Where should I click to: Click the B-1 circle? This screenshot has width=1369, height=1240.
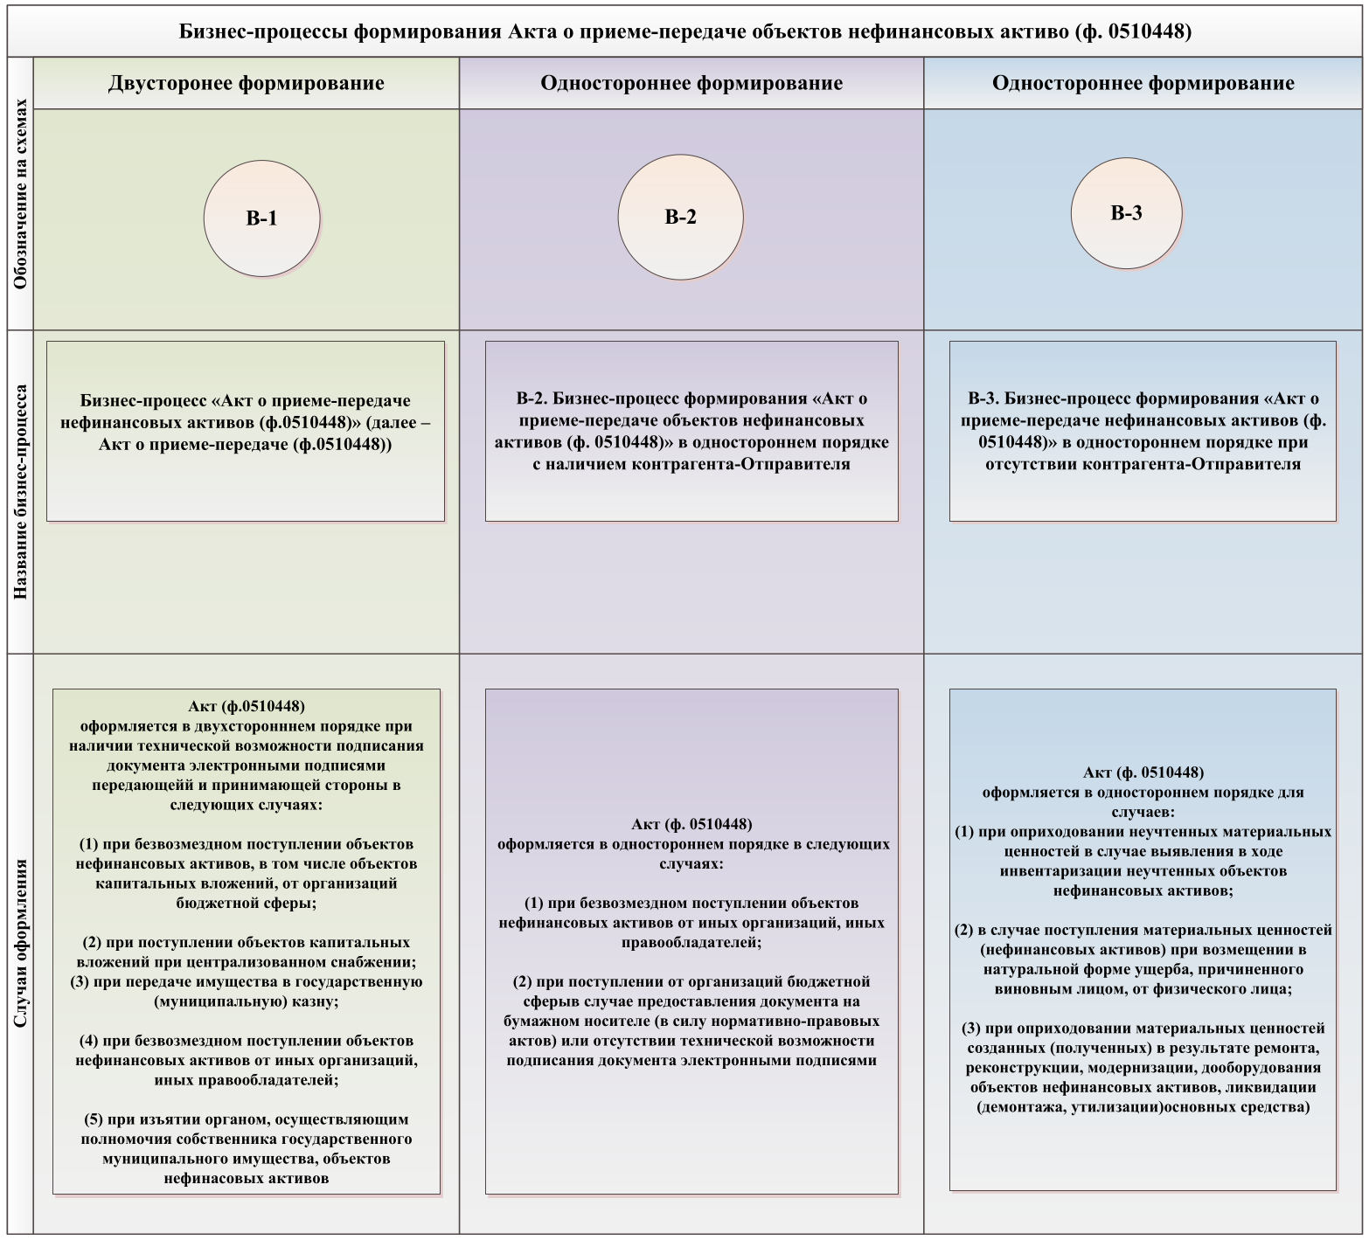261,218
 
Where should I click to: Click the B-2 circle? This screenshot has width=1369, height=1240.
680,218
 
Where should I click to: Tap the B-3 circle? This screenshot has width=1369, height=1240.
1126,213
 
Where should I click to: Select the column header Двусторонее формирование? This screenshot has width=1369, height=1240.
247,83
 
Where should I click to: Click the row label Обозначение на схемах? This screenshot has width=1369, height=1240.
21,193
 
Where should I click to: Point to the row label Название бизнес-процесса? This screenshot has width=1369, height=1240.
21,491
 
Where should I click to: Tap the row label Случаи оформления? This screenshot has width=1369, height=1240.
21,943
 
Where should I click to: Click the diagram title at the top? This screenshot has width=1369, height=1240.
684,31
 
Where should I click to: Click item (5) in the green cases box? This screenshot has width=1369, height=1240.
247,1148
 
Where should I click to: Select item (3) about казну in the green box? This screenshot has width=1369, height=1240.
247,991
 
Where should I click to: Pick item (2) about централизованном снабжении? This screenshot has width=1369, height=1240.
247,952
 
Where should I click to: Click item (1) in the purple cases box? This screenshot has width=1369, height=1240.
691,922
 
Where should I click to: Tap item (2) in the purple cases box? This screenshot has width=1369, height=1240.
691,1021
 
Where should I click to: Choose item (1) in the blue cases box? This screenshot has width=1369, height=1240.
1143,861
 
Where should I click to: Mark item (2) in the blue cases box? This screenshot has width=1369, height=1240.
1143,959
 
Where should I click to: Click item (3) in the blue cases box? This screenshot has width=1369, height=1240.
1143,1067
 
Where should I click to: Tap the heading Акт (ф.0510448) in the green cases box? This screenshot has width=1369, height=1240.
247,706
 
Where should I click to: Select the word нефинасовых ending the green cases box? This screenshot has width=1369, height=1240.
212,1178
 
